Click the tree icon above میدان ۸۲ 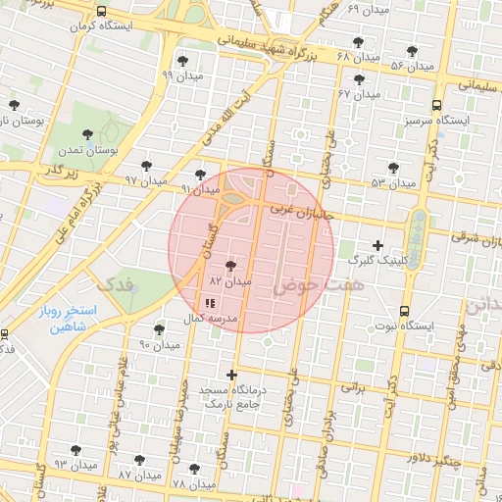tap(231, 266)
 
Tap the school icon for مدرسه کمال tap(211, 303)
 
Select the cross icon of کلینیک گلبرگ tap(378, 244)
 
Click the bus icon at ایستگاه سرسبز tap(435, 104)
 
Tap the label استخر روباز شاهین tap(57, 318)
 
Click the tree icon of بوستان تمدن tap(88, 135)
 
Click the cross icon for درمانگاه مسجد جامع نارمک tap(231, 375)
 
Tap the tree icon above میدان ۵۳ tap(394, 169)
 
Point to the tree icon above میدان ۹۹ tap(182, 62)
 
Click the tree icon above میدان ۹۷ tap(147, 166)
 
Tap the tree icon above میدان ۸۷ tap(139, 459)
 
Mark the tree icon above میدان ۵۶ tap(412, 51)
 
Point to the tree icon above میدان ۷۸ tap(194, 469)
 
